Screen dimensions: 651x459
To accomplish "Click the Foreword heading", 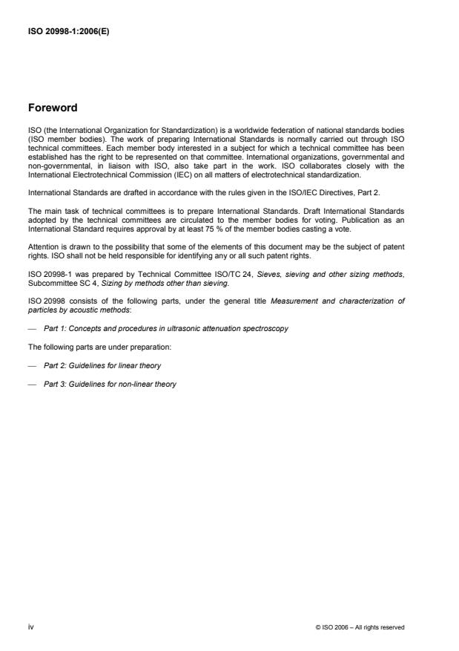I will [x=53, y=108].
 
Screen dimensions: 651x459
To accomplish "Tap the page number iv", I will [x=31, y=627].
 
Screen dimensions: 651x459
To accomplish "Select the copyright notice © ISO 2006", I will [x=360, y=628].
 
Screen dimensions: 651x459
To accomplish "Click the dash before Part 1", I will [x=32, y=328].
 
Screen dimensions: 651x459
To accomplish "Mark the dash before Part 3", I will [x=32, y=384].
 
